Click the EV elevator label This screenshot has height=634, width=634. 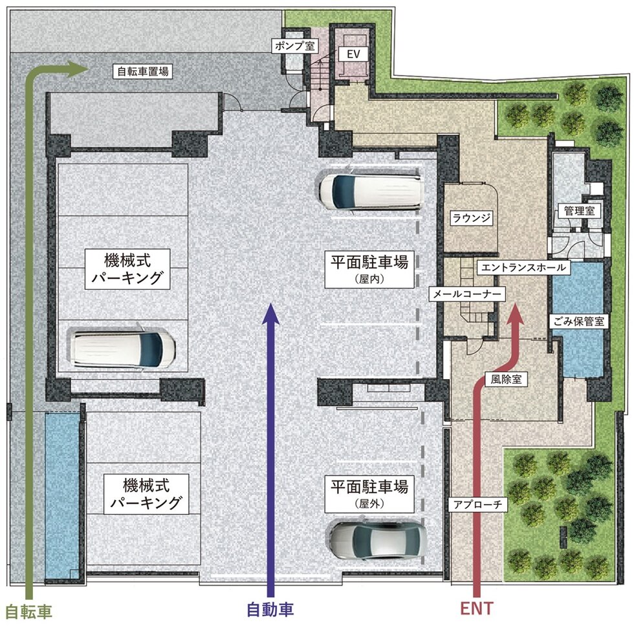353,55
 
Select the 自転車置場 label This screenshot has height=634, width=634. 142,71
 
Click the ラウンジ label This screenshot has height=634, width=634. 472,218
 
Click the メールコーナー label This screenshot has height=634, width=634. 466,294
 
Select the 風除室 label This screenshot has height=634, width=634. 506,379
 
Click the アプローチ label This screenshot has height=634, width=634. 473,502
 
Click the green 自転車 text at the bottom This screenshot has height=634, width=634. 28,610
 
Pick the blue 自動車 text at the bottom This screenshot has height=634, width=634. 270,609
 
